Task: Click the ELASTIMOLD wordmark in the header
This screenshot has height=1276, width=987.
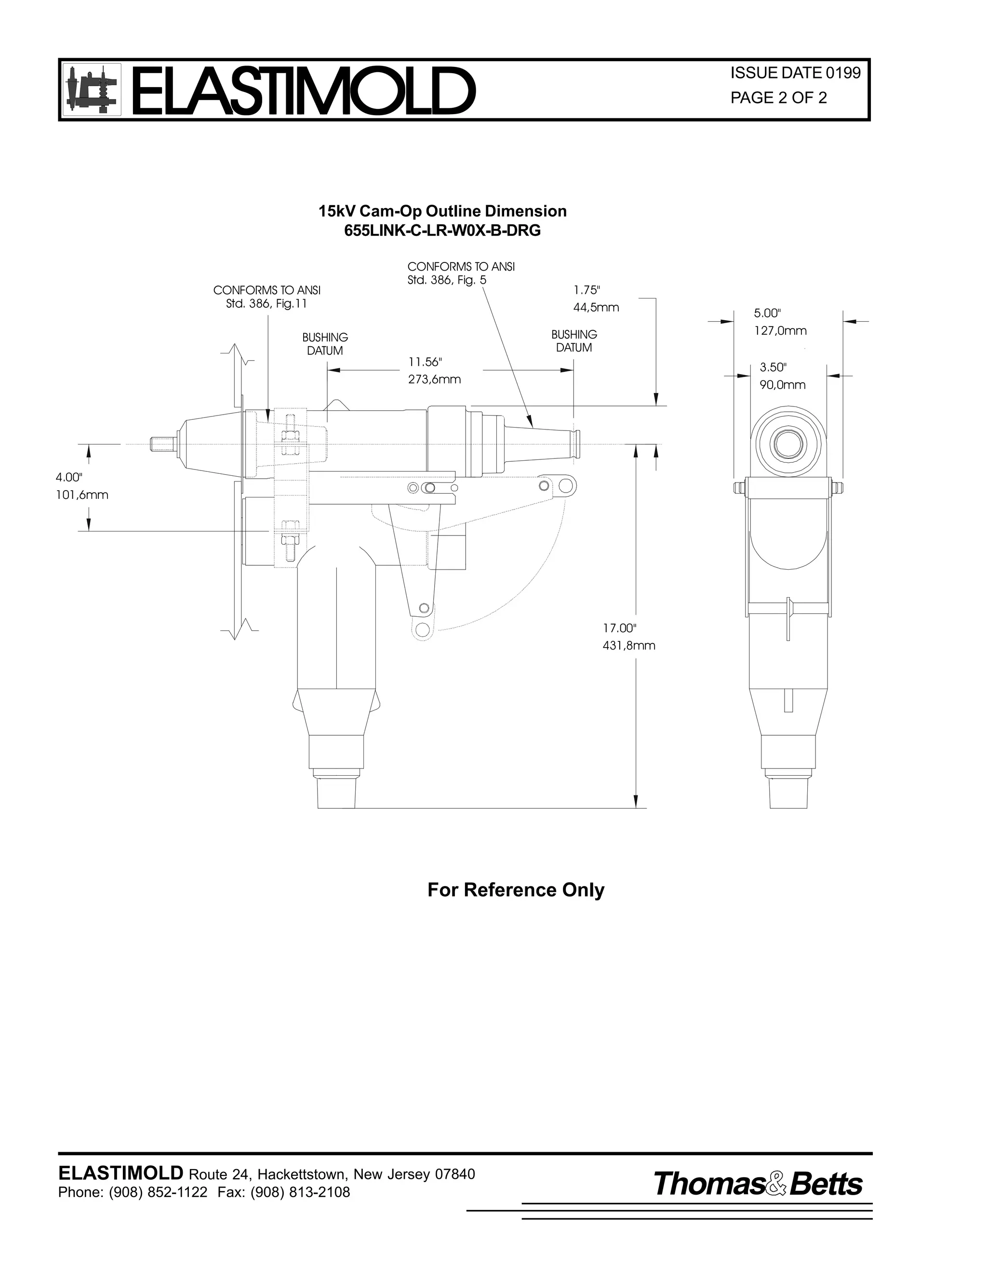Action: point(303,91)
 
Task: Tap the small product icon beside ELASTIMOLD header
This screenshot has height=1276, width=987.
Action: point(92,91)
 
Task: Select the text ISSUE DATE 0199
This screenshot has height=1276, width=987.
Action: point(795,73)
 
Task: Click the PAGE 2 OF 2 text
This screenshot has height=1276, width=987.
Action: point(778,98)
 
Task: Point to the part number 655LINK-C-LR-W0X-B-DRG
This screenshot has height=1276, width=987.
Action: point(442,231)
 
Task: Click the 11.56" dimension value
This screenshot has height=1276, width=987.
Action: point(425,362)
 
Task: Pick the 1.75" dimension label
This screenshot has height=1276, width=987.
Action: point(587,290)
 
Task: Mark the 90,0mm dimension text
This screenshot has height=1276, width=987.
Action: point(782,385)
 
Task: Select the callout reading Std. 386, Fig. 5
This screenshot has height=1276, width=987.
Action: point(447,280)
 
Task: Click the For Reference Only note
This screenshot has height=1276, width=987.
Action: point(516,890)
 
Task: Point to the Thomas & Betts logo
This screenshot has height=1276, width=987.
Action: point(758,1184)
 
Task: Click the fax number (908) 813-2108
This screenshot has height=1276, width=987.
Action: point(300,1192)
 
